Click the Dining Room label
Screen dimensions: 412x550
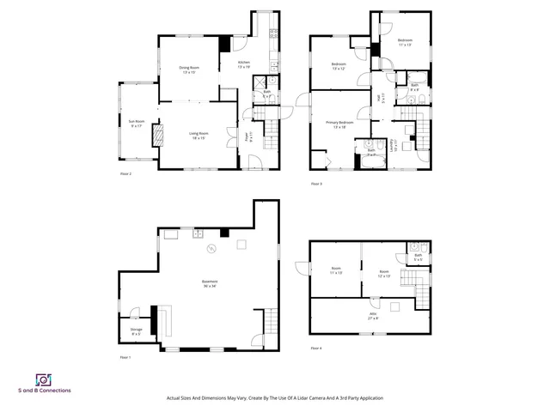(x=189, y=70)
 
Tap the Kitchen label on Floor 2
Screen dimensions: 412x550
(x=243, y=64)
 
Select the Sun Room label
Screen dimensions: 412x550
(x=137, y=124)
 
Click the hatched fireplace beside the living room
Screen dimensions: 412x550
(x=156, y=136)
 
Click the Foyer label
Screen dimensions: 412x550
(x=249, y=136)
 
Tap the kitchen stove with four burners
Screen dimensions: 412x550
(x=273, y=34)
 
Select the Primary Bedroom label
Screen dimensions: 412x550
(x=339, y=124)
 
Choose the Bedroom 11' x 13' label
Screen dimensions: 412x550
(x=405, y=42)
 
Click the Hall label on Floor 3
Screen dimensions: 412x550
(x=382, y=100)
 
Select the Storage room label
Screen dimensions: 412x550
(x=136, y=330)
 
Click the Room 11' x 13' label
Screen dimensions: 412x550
(x=334, y=274)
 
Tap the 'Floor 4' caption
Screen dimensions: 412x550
(x=315, y=348)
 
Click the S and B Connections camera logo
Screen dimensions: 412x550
(x=43, y=379)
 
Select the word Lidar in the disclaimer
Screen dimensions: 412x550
(x=290, y=398)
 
